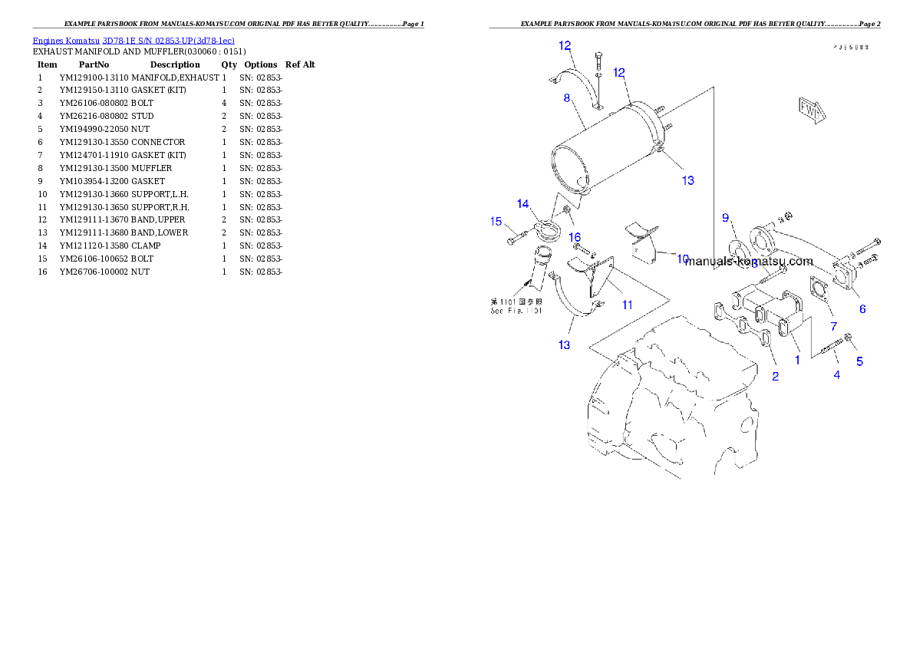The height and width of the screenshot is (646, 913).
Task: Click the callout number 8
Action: pyautogui.click(x=566, y=97)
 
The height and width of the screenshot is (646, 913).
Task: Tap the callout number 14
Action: pyautogui.click(x=522, y=204)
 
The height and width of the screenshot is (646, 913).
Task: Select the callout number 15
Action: pyautogui.click(x=496, y=222)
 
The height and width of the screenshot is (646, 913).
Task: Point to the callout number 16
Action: pyautogui.click(x=574, y=237)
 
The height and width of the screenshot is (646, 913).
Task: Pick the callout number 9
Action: pyautogui.click(x=725, y=218)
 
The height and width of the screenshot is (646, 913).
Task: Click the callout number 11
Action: pyautogui.click(x=627, y=305)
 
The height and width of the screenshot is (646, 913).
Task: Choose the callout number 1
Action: pyautogui.click(x=797, y=358)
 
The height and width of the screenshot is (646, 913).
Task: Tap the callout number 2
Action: pyautogui.click(x=775, y=376)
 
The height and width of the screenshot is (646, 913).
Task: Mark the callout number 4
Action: pyautogui.click(x=836, y=374)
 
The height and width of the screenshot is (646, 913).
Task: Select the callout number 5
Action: pyautogui.click(x=859, y=361)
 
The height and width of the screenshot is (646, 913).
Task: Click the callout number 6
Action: pyautogui.click(x=862, y=308)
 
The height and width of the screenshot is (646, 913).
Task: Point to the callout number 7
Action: pyautogui.click(x=834, y=326)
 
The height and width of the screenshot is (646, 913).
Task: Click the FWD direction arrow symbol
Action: pyautogui.click(x=810, y=109)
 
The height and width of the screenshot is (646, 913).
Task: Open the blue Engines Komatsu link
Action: pyautogui.click(x=133, y=40)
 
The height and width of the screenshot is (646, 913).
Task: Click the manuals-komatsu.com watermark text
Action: pyautogui.click(x=749, y=261)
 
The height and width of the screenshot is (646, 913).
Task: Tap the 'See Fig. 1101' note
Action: pyautogui.click(x=516, y=307)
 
